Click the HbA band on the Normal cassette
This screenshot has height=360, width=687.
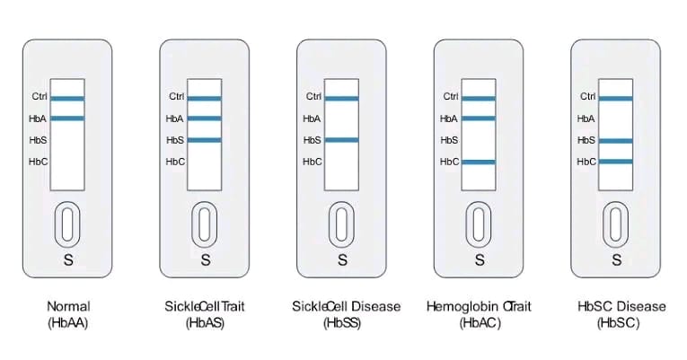tap(67, 119)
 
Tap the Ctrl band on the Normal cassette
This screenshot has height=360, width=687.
tap(67, 97)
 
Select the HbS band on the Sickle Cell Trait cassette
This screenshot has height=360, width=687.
tap(205, 140)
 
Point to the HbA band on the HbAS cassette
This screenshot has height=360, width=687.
tap(205, 119)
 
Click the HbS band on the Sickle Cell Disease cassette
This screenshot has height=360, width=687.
tap(341, 140)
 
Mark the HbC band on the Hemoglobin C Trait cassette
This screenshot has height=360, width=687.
tap(479, 162)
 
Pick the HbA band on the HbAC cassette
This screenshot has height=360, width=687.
tap(479, 119)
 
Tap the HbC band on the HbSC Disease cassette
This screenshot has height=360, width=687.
tap(615, 162)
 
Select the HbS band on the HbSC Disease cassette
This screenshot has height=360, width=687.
tap(615, 140)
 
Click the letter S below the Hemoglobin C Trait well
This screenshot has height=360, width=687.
tap(479, 260)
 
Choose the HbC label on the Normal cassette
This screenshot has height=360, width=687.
tap(38, 162)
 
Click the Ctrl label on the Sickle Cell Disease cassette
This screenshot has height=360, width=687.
tap(313, 97)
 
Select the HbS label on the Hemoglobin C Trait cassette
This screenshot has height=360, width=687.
tap(449, 140)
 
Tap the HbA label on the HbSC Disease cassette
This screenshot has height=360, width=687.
tap(586, 119)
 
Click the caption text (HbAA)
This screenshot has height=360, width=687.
tap(67, 323)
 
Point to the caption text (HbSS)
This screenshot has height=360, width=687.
tap(341, 323)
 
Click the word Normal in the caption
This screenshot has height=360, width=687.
tap(67, 307)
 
